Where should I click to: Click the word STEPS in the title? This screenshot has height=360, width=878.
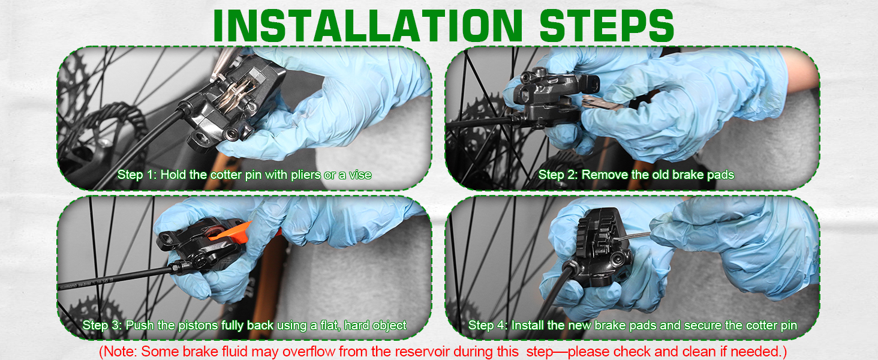(606, 25)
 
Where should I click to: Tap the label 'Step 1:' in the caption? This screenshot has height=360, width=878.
(137, 175)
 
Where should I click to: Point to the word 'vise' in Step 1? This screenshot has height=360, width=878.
(359, 175)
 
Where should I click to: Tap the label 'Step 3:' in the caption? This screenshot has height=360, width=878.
(103, 326)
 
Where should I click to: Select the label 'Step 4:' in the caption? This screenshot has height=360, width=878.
(488, 326)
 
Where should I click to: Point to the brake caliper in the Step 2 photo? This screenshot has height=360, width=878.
(546, 96)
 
